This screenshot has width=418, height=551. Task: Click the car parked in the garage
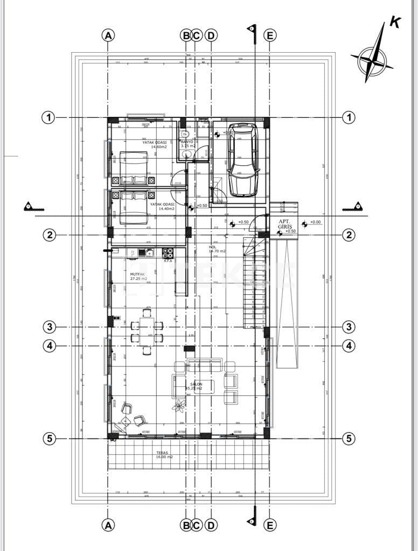pos(243,160)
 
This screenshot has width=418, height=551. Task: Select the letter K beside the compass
pos(395,23)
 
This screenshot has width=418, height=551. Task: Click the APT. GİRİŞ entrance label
pos(284,224)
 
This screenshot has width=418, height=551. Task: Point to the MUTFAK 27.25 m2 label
pos(138,276)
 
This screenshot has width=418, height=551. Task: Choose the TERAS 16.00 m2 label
pos(164,455)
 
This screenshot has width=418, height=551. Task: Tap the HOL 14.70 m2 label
pos(217,249)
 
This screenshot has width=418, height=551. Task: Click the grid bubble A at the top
pos(108,36)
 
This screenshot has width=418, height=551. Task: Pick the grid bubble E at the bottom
pos(270,523)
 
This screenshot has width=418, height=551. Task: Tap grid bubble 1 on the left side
pos(49,117)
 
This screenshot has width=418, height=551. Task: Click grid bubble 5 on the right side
pos(350,439)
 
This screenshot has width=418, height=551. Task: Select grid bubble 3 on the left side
pos(49,327)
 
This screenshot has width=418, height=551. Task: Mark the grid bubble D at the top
pos(211,36)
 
